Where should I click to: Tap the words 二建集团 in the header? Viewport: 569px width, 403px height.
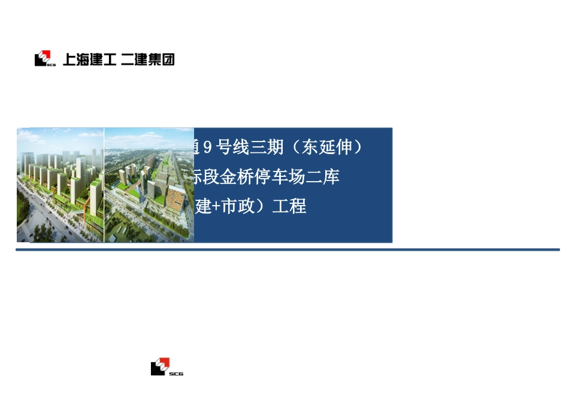147,59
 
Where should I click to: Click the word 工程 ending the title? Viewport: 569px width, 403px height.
289,207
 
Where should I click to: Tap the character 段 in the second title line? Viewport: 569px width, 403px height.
211,177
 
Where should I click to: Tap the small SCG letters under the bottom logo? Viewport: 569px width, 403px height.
176,374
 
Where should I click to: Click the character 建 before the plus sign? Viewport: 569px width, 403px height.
204,207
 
